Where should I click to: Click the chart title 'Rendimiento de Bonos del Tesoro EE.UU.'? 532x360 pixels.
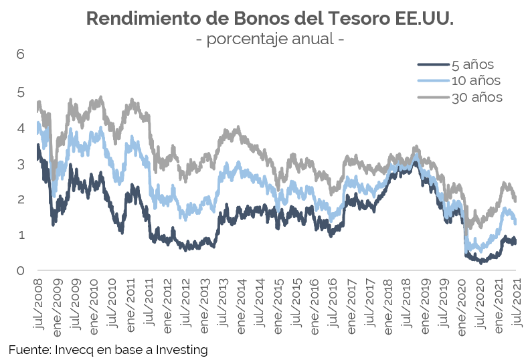(x=270, y=18)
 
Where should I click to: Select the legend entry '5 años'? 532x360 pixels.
(x=472, y=65)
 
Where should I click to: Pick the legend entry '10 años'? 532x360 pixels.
(x=476, y=81)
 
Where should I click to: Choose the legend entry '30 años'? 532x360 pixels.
(x=476, y=97)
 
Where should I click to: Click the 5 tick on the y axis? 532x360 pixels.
(x=20, y=91)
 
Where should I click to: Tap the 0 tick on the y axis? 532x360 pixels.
(x=20, y=271)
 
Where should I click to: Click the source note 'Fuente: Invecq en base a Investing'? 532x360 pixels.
(x=108, y=349)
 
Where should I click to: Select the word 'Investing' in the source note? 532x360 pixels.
(x=182, y=349)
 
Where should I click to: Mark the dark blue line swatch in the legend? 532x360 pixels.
(x=433, y=65)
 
